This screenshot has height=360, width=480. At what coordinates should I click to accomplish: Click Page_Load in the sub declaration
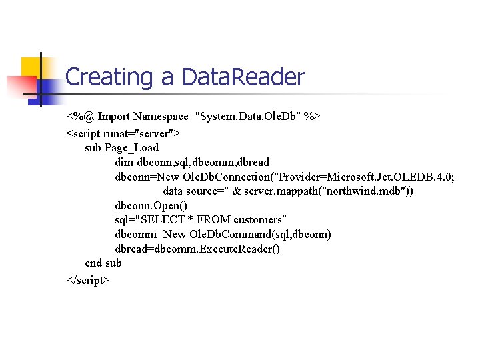pyautogui.click(x=132, y=147)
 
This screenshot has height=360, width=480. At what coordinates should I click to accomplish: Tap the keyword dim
pyautogui.click(x=124, y=161)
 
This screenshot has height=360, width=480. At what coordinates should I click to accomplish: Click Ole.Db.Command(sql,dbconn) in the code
pyautogui.click(x=260, y=234)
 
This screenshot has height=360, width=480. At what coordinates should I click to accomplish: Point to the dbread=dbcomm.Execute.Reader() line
pyautogui.click(x=197, y=249)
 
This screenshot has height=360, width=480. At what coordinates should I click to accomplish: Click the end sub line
pyautogui.click(x=103, y=263)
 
